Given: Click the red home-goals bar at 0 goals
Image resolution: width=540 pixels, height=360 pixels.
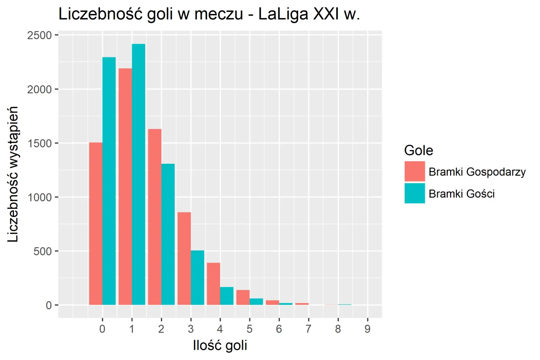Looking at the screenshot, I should [96, 224].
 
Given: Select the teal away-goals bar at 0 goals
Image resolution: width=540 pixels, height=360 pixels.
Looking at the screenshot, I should [109, 181].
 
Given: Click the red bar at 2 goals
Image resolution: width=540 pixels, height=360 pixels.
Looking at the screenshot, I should [154, 217].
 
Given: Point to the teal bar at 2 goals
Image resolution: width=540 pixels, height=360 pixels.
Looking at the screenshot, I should [167, 234].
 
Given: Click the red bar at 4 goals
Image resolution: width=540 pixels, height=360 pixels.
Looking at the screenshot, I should [213, 284].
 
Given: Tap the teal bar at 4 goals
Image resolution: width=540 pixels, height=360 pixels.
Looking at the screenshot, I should [227, 296].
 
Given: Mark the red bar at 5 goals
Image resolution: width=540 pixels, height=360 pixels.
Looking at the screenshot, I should [243, 298].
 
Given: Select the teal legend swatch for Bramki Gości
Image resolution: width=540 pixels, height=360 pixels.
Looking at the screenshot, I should [414, 193].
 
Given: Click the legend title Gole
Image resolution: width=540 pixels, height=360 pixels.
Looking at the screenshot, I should [418, 150].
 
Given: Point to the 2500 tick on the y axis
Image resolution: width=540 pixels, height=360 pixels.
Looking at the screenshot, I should [40, 35].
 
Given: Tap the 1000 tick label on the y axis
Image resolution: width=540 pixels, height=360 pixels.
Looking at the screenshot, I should [40, 198].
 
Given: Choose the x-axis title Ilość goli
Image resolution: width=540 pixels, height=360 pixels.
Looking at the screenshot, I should [220, 346].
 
